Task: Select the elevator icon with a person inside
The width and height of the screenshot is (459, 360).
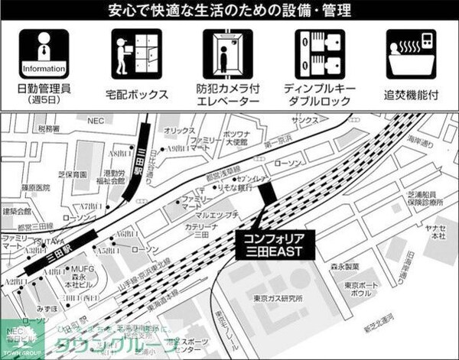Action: tap(227, 55)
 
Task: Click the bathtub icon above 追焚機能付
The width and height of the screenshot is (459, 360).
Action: tap(411, 55)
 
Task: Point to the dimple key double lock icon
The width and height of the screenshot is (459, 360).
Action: tap(319, 55)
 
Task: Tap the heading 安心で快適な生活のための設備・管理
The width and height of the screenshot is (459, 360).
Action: tap(229, 11)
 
